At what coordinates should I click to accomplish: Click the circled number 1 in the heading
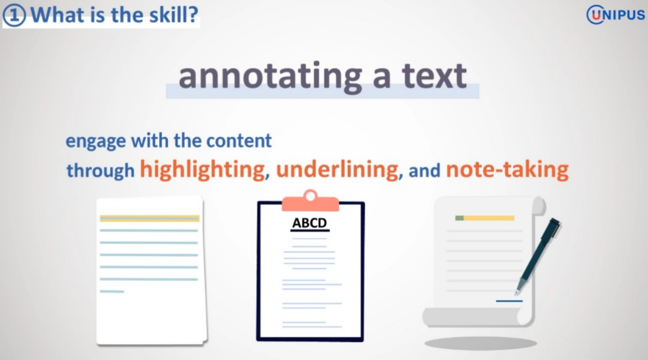14,16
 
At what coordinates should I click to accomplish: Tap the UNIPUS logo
616,15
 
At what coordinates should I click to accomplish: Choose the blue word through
101,170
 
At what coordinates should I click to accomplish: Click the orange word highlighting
202,170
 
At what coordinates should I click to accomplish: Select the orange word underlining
337,169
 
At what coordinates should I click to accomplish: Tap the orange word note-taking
507,170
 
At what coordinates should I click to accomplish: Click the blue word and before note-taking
424,171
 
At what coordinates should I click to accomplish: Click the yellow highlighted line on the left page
149,219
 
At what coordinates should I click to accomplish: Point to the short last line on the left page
112,292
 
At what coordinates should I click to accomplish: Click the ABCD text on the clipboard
309,223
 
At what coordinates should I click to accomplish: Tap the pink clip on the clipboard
310,201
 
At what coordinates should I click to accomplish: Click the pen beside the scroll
538,256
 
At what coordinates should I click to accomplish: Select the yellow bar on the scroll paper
489,218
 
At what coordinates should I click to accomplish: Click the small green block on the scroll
459,218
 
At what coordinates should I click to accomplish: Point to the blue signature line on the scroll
509,301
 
